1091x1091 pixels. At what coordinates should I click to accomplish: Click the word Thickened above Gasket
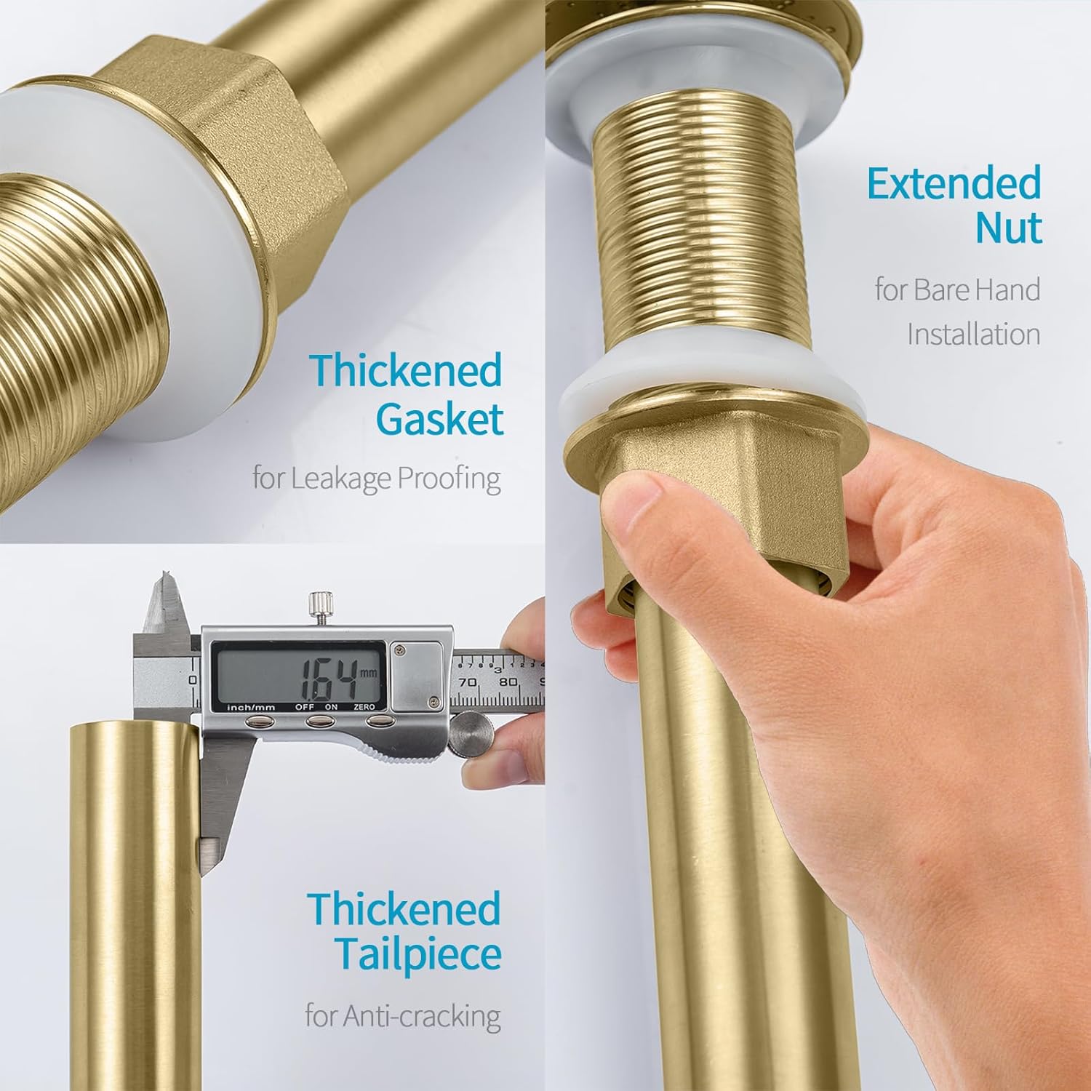pyautogui.click(x=406, y=370)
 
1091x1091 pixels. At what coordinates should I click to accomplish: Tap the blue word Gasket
pyautogui.click(x=439, y=420)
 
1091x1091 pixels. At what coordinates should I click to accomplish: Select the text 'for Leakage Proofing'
pyautogui.click(x=376, y=479)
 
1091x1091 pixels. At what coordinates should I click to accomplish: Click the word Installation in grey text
pyautogui.click(x=973, y=335)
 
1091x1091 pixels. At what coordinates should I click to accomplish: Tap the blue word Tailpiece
pyautogui.click(x=418, y=954)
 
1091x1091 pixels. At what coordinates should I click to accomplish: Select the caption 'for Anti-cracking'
pyautogui.click(x=402, y=1015)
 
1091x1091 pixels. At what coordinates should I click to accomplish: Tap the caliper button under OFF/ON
pyautogui.click(x=318, y=721)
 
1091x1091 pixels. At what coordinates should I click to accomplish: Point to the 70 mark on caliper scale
pyautogui.click(x=467, y=682)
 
